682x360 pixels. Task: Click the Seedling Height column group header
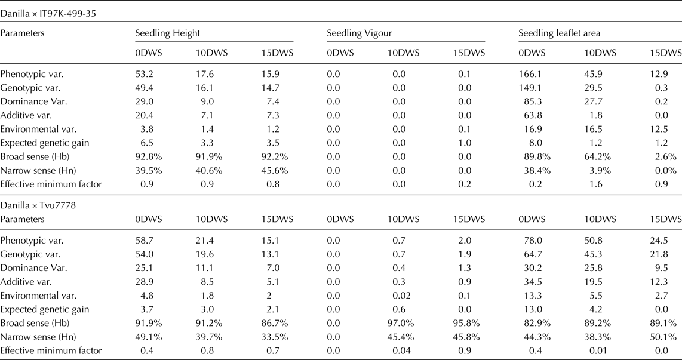pos(167,33)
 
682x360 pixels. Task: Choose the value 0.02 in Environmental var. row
pos(398,294)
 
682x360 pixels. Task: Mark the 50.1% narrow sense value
pos(666,337)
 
